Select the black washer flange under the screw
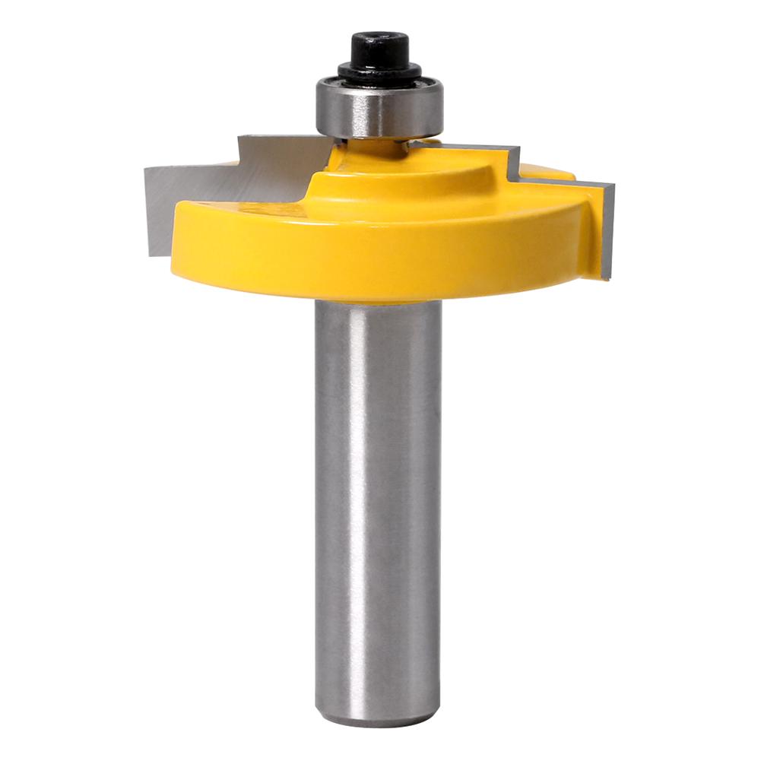click(x=379, y=73)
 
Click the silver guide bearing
click(x=379, y=109)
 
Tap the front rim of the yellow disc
click(x=380, y=258)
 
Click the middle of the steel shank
click(x=378, y=502)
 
